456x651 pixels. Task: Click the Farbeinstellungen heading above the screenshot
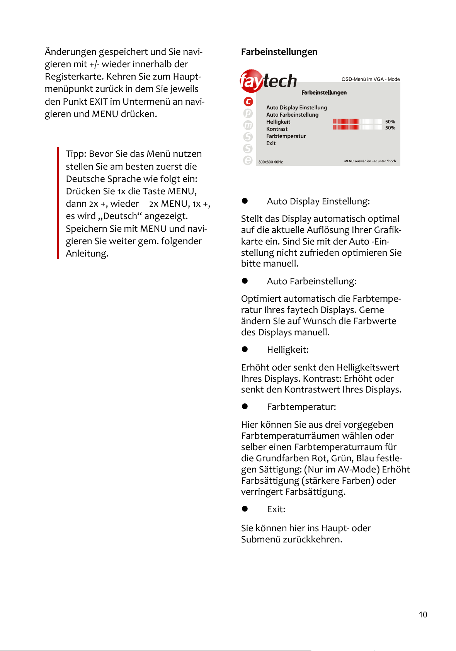pyautogui.click(x=279, y=52)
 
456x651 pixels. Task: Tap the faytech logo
pyautogui.click(x=268, y=81)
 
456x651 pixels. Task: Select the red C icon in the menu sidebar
pyautogui.click(x=248, y=102)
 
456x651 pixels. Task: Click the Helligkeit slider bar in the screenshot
pyautogui.click(x=357, y=121)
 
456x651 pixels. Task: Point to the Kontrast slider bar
pyautogui.click(x=357, y=127)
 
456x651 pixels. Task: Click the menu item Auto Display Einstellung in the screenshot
pyautogui.click(x=296, y=107)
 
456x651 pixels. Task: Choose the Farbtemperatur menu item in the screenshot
pyautogui.click(x=286, y=136)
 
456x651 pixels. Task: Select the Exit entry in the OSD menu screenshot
pyautogui.click(x=271, y=143)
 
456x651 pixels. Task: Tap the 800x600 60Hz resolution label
pyautogui.click(x=271, y=162)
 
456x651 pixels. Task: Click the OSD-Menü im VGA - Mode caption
pyautogui.click(x=370, y=79)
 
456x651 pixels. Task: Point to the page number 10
pyautogui.click(x=423, y=615)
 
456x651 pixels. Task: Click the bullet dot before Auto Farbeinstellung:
pyautogui.click(x=245, y=281)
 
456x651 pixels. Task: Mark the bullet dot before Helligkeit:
pyautogui.click(x=245, y=349)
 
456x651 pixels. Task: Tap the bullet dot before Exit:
pyautogui.click(x=245, y=509)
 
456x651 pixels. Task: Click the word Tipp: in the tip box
pyautogui.click(x=76, y=154)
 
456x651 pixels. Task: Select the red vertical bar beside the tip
pyautogui.click(x=58, y=203)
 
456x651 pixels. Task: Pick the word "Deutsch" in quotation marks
pyautogui.click(x=120, y=216)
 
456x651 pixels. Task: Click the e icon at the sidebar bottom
pyautogui.click(x=248, y=160)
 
